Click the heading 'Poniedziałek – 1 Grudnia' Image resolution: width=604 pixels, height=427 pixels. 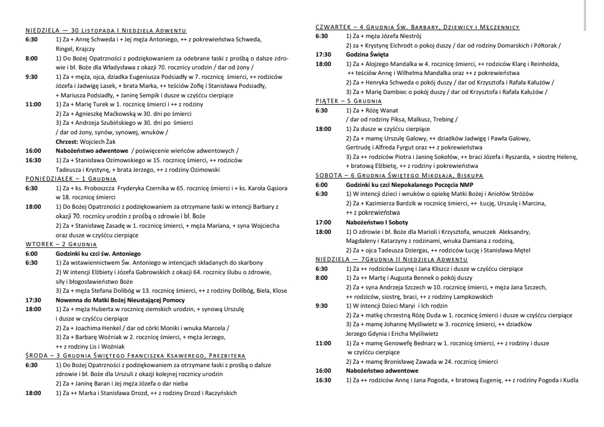click(x=71, y=179)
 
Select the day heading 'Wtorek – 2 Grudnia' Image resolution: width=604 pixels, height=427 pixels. click(x=62, y=245)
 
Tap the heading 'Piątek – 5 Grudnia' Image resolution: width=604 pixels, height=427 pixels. click(x=349, y=101)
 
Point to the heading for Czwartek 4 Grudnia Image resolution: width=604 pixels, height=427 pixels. click(x=418, y=26)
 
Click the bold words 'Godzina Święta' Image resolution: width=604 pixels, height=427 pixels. click(x=367, y=54)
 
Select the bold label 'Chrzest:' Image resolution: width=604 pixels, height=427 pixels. click(x=67, y=142)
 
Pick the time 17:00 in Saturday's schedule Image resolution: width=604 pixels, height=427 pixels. click(x=323, y=222)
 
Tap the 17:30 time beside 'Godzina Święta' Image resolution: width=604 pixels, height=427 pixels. click(x=323, y=54)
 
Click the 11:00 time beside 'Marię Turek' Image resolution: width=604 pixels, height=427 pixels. click(x=34, y=104)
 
